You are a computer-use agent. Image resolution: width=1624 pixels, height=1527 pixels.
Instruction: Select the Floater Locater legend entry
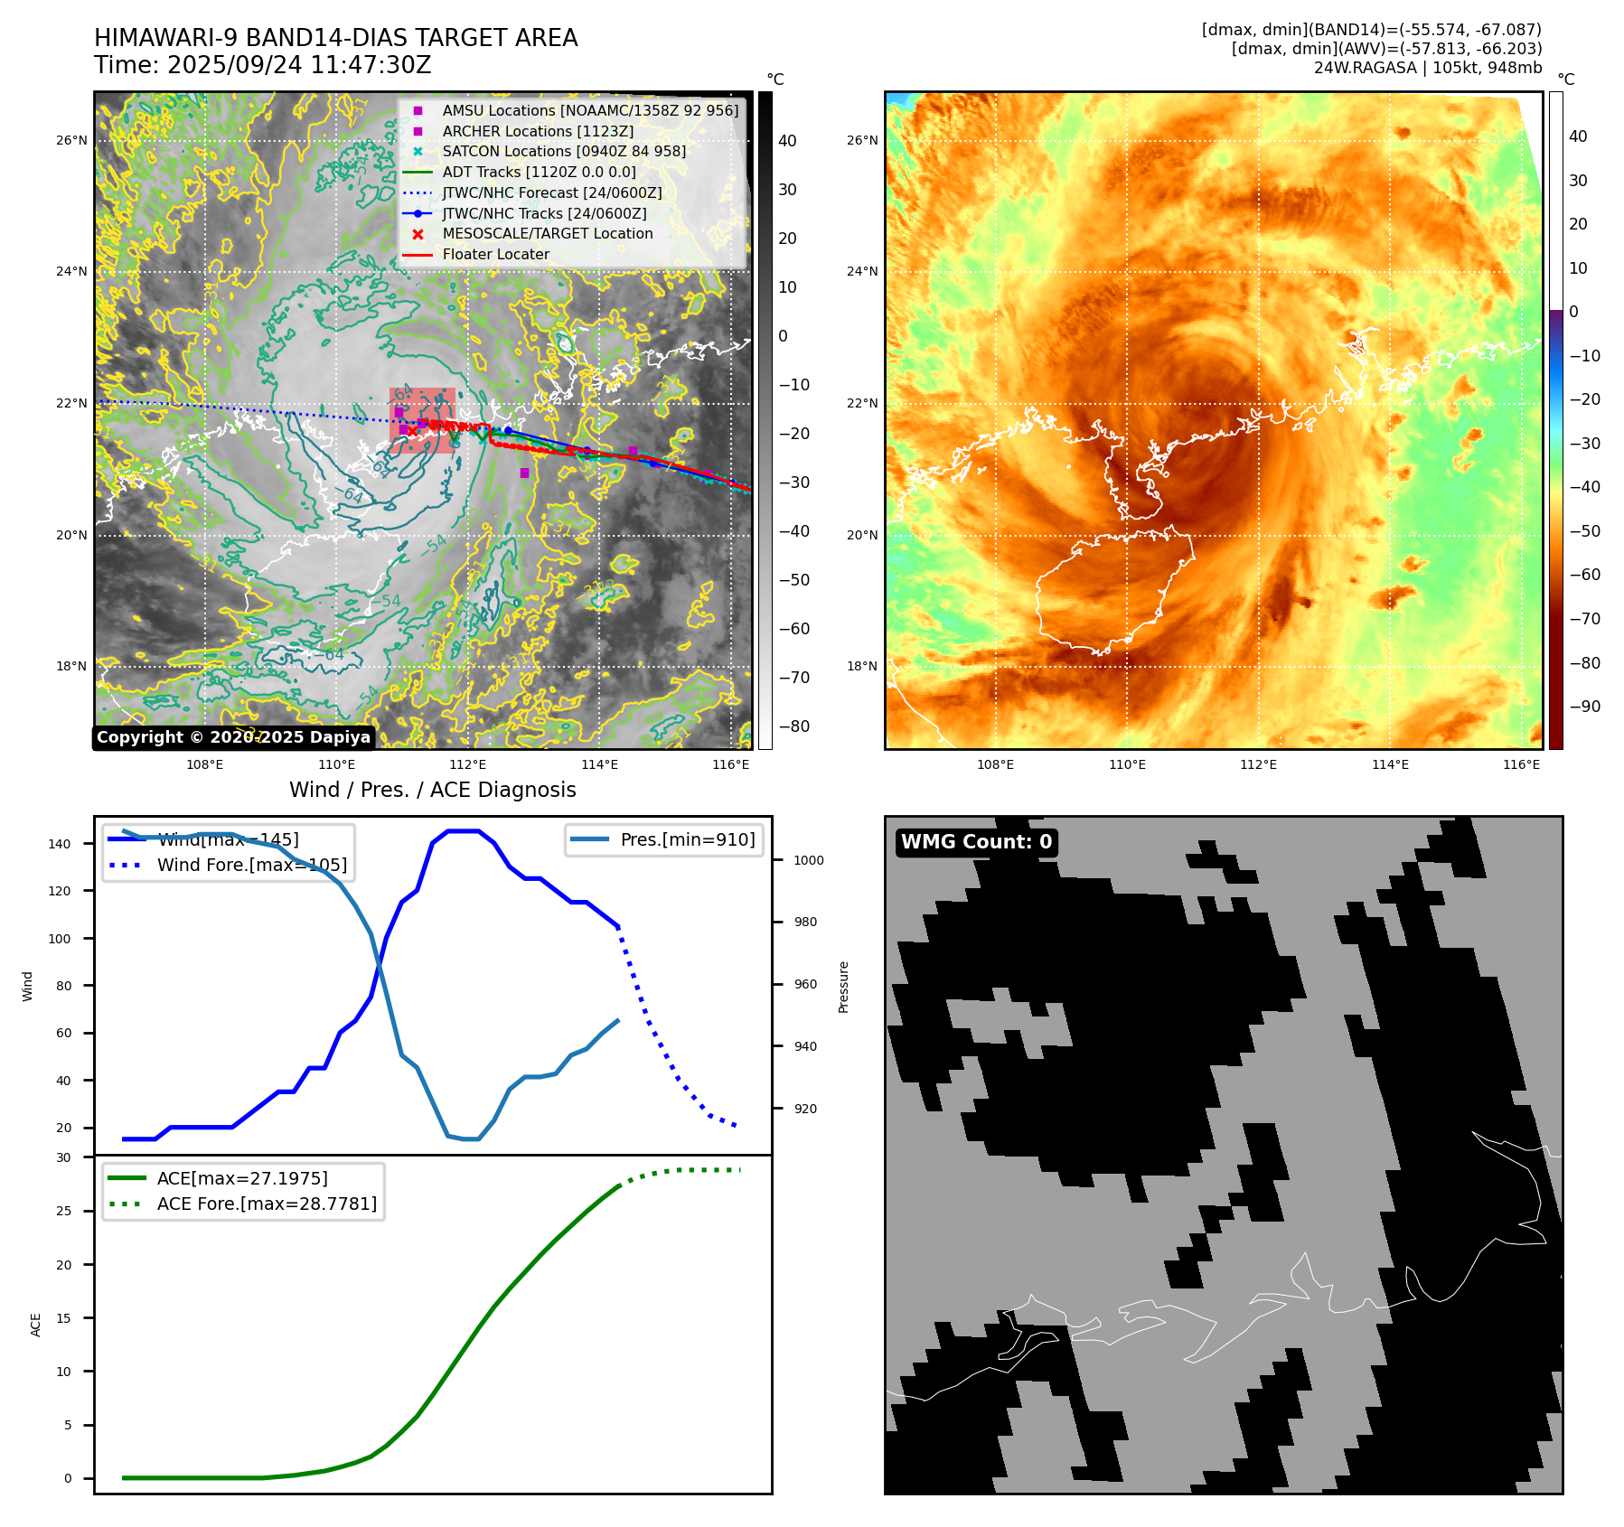pyautogui.click(x=495, y=255)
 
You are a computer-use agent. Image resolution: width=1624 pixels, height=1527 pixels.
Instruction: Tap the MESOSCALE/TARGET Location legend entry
pyautogui.click(x=547, y=234)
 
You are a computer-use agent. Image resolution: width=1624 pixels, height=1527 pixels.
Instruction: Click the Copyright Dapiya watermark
pyautogui.click(x=233, y=737)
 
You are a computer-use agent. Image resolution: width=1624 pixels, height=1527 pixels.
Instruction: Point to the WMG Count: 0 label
pyautogui.click(x=976, y=842)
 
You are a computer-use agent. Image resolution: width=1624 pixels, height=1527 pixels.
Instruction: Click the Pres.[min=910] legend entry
pyautogui.click(x=687, y=839)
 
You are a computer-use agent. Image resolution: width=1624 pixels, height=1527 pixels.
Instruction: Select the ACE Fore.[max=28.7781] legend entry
pyautogui.click(x=267, y=1204)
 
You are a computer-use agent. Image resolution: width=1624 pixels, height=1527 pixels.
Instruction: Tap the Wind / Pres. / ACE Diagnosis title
pyautogui.click(x=432, y=790)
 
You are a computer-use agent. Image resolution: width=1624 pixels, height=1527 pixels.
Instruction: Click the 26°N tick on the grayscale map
pyautogui.click(x=72, y=141)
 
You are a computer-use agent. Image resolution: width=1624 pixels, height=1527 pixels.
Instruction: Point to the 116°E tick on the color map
pyautogui.click(x=1521, y=764)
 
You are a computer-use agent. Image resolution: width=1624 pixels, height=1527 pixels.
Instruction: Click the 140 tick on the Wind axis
pyautogui.click(x=60, y=844)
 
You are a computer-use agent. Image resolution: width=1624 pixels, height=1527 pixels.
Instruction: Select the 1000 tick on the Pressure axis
pyautogui.click(x=808, y=860)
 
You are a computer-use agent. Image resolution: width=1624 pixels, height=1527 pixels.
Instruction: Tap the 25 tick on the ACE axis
pyautogui.click(x=63, y=1211)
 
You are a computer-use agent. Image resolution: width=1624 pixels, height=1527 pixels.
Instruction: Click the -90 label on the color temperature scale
pyautogui.click(x=1584, y=707)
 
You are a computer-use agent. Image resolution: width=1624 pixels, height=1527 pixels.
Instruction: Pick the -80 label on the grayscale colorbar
pyautogui.click(x=794, y=726)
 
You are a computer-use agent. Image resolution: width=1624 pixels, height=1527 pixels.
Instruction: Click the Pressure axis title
pyautogui.click(x=843, y=987)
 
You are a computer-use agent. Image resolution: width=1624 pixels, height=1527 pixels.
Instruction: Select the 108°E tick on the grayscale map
pyautogui.click(x=205, y=764)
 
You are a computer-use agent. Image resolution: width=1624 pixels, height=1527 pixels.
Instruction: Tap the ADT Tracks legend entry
pyautogui.click(x=539, y=172)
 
